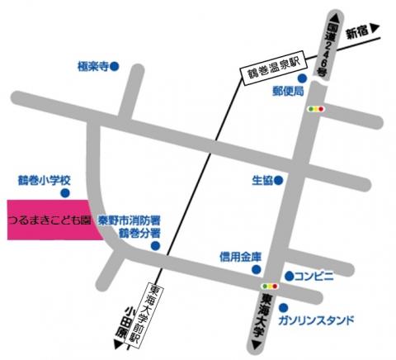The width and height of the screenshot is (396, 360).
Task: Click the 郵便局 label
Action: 289,92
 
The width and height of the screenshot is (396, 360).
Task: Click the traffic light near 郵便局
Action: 316,108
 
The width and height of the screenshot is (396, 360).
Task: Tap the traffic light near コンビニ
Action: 270,287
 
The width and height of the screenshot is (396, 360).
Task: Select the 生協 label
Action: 262,179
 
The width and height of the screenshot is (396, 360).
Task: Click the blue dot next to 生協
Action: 280,179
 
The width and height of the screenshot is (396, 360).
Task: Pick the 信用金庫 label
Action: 241,257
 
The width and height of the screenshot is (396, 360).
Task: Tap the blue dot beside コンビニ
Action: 289,275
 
